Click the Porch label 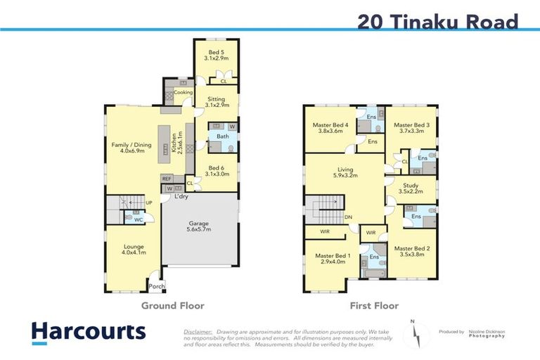point(157,286)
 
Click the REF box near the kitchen point(167,179)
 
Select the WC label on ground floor point(139,220)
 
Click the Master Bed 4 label point(330,127)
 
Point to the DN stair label point(348,217)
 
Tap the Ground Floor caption point(173,306)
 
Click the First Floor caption point(374,306)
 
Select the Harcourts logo point(88,333)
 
